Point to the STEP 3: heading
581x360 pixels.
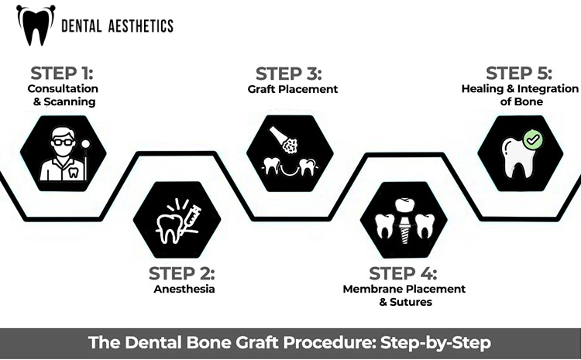(289, 74)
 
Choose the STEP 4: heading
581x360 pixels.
(403, 273)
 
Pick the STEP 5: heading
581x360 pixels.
(519, 74)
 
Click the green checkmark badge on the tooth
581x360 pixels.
(532, 140)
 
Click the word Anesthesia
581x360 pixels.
(184, 290)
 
